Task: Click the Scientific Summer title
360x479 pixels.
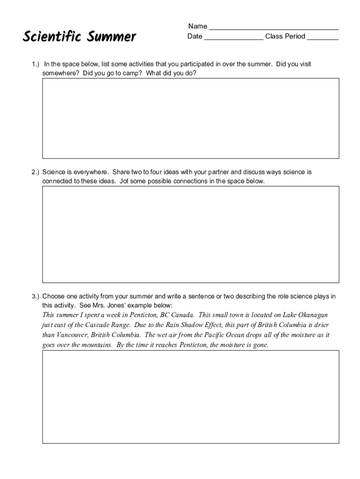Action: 79,36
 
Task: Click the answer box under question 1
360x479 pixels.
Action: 191,118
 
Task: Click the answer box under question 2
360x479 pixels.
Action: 191,234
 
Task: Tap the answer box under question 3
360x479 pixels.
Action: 191,397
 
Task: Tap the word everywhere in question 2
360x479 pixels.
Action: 91,172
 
